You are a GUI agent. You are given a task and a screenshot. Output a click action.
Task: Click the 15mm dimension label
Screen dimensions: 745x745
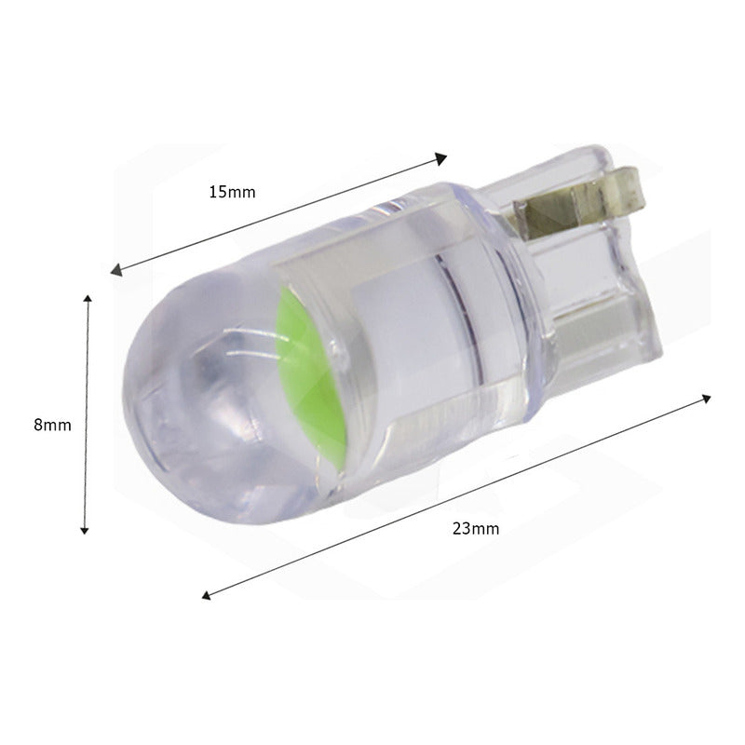(232, 192)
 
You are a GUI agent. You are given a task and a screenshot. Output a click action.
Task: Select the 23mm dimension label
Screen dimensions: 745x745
(476, 528)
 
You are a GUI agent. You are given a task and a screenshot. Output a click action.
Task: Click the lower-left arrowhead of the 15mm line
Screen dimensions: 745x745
(115, 271)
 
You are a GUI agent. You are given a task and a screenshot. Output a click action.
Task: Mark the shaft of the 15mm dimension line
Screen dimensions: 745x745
(279, 214)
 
